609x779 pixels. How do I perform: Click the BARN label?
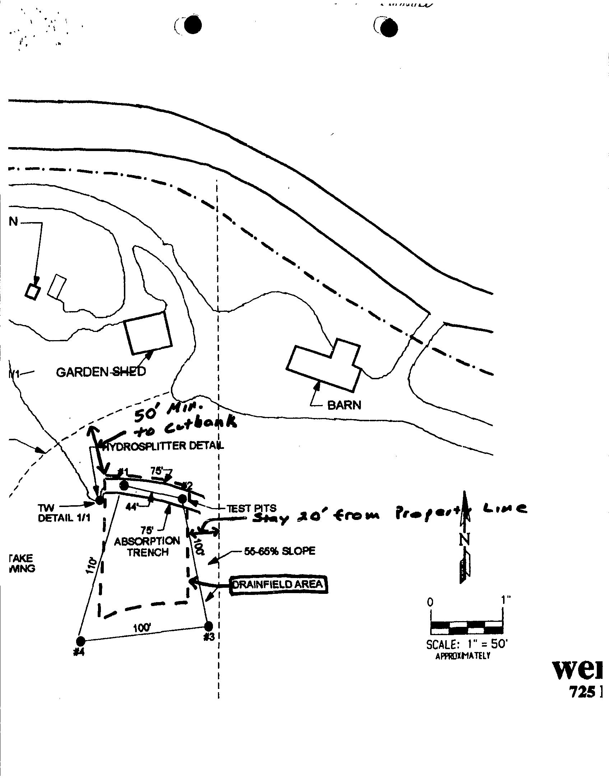coord(344,405)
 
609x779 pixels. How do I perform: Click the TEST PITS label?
coord(251,508)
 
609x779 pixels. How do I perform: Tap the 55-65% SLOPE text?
coord(279,551)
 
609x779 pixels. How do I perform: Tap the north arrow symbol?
coord(465,538)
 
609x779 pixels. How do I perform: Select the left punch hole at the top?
coord(192,26)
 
